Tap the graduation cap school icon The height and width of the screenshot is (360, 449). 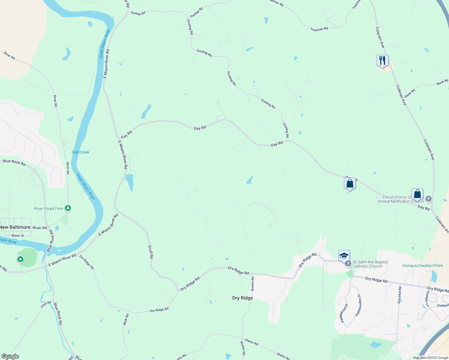tap(344, 256)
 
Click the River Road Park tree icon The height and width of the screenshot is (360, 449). tap(68, 208)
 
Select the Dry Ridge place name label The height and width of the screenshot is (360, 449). tap(243, 298)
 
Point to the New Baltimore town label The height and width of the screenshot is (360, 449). tap(15, 227)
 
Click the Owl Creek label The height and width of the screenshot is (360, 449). tap(80, 152)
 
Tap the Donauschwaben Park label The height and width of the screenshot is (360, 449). tap(423, 265)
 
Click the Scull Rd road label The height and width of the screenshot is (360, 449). tap(151, 252)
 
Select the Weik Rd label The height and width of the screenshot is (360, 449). tap(126, 319)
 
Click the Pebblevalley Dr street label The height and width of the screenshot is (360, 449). tap(358, 305)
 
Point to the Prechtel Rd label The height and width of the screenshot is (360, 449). tap(399, 295)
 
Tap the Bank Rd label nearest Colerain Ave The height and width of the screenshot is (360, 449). tap(410, 93)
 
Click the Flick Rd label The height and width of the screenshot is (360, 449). tap(46, 304)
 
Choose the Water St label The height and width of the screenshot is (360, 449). tap(18, 236)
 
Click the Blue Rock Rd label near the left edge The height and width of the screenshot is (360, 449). tap(14, 162)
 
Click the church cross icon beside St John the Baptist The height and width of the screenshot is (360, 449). tap(348, 264)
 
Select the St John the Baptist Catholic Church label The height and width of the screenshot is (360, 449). tap(370, 264)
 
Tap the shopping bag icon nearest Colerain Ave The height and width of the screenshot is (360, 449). tap(417, 194)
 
